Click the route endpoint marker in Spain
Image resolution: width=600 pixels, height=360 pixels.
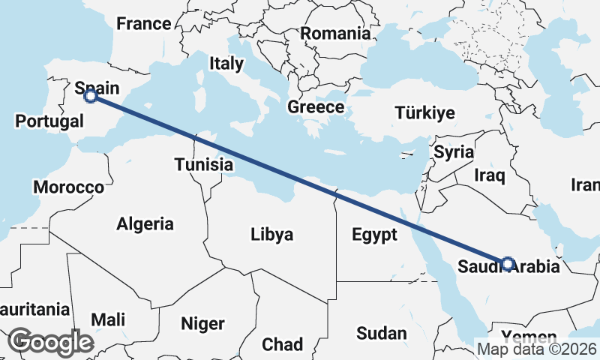91,96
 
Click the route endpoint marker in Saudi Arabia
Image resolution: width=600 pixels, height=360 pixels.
508,263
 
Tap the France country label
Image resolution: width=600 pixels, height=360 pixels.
144,24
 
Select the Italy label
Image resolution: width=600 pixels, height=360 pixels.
226,64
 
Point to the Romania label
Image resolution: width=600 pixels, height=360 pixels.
335,33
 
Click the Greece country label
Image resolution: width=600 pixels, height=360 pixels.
316,107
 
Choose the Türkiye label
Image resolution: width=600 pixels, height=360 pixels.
425,113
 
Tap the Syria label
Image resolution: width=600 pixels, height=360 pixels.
454,152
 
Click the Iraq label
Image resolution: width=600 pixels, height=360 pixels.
490,175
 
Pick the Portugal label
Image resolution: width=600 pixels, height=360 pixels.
49,121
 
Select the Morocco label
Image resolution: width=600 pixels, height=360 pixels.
68,187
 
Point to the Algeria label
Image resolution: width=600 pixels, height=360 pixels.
145,223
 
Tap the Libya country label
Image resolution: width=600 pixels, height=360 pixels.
271,235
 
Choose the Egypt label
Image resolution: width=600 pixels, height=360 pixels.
374,235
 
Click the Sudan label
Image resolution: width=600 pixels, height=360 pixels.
382,333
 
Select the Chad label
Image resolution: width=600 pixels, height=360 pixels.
282,344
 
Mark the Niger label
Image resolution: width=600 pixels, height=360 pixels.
202,324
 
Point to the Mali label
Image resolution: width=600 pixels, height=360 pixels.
108,320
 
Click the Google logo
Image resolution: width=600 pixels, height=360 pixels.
51,342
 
